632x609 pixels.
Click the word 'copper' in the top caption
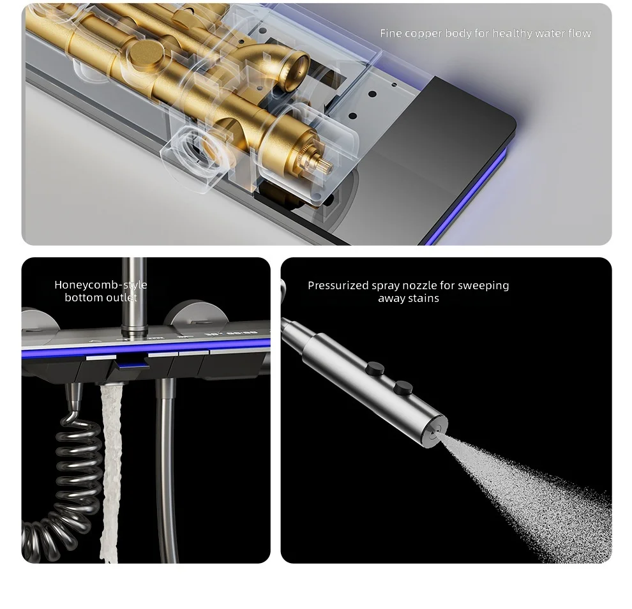[423, 34]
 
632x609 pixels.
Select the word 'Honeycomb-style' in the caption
[101, 285]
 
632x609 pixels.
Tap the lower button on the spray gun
[403, 387]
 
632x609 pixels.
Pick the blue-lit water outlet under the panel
[131, 366]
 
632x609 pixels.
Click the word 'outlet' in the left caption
[120, 298]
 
